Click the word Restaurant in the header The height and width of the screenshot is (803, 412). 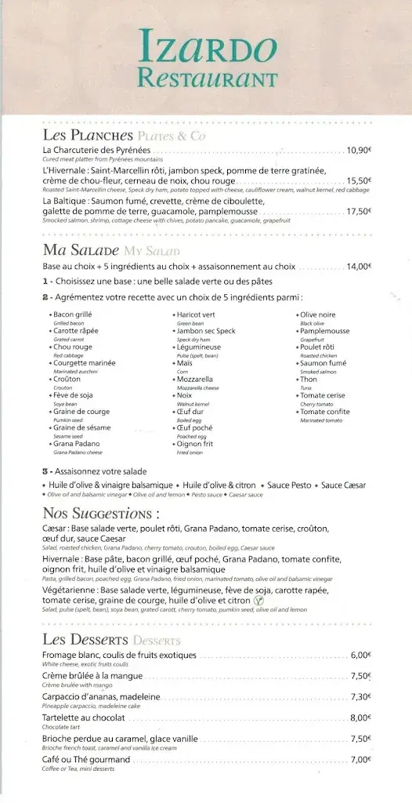pyautogui.click(x=207, y=78)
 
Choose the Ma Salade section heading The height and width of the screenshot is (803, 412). pyautogui.click(x=81, y=251)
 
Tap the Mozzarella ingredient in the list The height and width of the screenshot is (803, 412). pyautogui.click(x=199, y=379)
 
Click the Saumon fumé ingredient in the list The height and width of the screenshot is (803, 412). pyautogui.click(x=323, y=363)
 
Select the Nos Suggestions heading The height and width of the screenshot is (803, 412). pyautogui.click(x=101, y=514)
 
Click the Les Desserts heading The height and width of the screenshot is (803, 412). pyautogui.click(x=85, y=639)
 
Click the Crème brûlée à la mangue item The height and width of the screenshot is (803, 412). pyautogui.click(x=93, y=676)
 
